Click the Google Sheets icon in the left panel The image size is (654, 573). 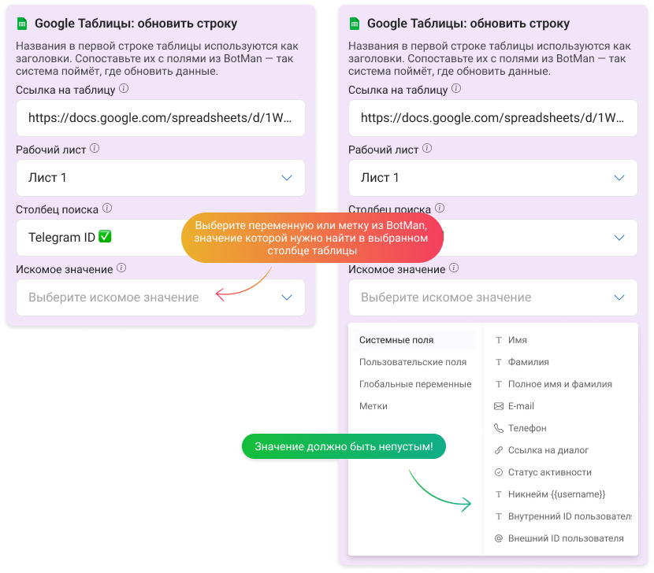pyautogui.click(x=22, y=24)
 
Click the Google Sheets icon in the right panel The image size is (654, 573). pyautogui.click(x=354, y=24)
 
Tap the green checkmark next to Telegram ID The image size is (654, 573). pyautogui.click(x=105, y=237)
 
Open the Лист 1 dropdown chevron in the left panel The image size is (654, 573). pyautogui.click(x=287, y=178)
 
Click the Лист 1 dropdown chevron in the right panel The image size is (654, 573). pyautogui.click(x=619, y=178)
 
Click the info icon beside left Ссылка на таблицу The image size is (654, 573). pyautogui.click(x=124, y=88)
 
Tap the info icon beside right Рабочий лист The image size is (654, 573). pyautogui.click(x=427, y=148)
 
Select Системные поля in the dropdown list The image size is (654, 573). pyautogui.click(x=396, y=340)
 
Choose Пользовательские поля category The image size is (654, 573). pyautogui.click(x=413, y=362)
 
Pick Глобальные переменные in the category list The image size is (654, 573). pyautogui.click(x=415, y=384)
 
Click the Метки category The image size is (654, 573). pyautogui.click(x=373, y=406)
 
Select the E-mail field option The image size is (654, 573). pyautogui.click(x=521, y=406)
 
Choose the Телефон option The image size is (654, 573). pyautogui.click(x=527, y=428)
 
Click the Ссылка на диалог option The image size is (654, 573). pyautogui.click(x=548, y=450)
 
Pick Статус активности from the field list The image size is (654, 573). pyautogui.click(x=550, y=472)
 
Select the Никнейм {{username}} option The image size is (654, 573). pyautogui.click(x=557, y=494)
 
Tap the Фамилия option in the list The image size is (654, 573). pyautogui.click(x=529, y=362)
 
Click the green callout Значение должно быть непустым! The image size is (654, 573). pyautogui.click(x=344, y=446)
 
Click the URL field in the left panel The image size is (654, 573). pyautogui.click(x=161, y=118)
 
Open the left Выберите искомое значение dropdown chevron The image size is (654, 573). pyautogui.click(x=287, y=298)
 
